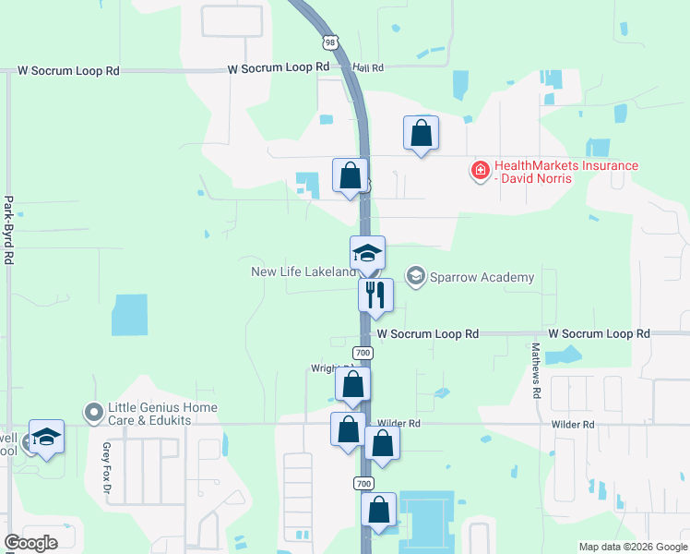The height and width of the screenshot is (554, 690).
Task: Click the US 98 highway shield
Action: [331, 42]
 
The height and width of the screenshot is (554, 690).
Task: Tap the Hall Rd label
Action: [367, 67]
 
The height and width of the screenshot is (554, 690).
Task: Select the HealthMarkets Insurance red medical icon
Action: [480, 171]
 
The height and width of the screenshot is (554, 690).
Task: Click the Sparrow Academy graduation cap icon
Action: [416, 277]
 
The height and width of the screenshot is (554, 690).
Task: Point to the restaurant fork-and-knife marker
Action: [375, 295]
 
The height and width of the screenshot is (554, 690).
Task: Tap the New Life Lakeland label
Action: [303, 271]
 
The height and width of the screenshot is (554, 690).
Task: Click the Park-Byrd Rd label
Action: [8, 230]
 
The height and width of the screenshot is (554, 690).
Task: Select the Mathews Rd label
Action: [536, 370]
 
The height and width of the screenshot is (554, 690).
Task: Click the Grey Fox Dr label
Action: [107, 464]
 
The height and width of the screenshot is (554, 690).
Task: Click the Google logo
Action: [30, 542]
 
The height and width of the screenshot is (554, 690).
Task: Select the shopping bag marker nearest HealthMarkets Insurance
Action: [421, 132]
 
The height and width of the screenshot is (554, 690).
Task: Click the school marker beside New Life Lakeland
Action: [367, 253]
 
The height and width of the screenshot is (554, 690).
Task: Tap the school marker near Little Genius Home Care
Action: [46, 437]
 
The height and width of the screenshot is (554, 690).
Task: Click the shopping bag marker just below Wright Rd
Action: [351, 385]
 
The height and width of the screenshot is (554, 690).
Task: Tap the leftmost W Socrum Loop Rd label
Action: [69, 70]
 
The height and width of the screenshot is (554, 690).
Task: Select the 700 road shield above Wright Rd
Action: [363, 353]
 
